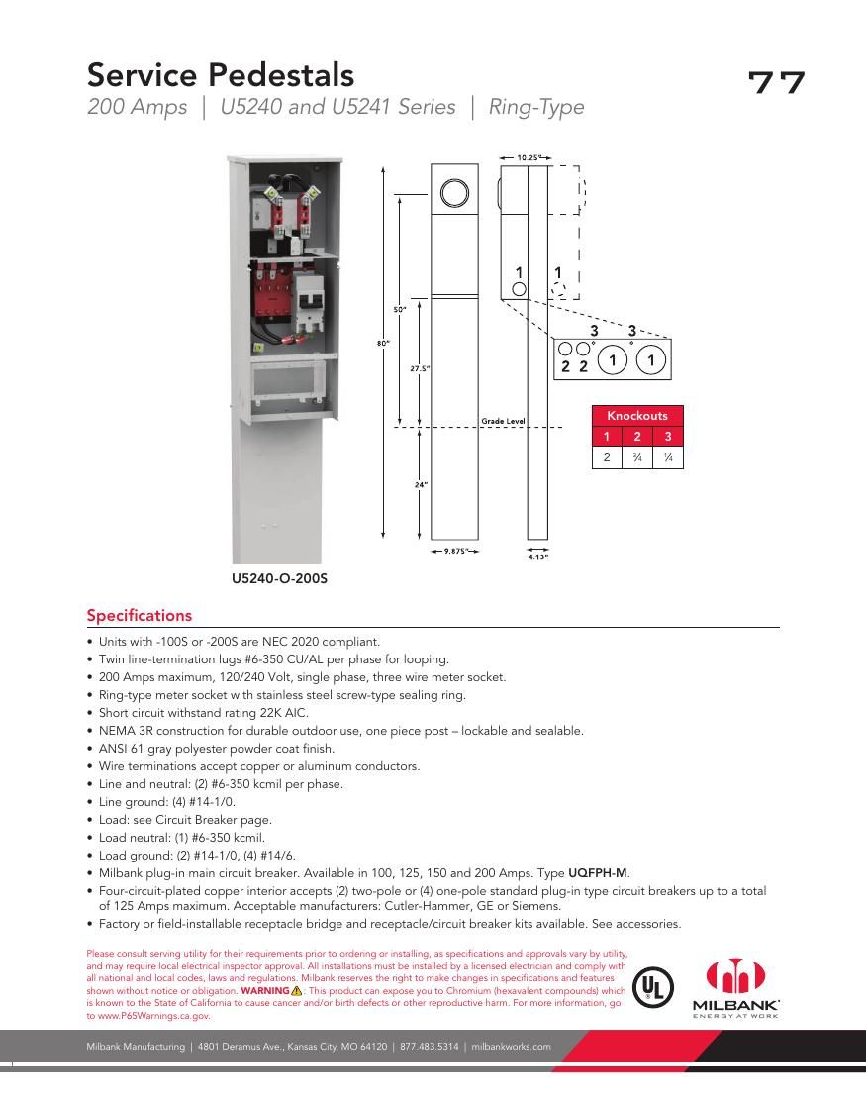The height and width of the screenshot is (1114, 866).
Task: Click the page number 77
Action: (x=776, y=82)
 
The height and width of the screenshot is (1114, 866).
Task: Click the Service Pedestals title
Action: (x=220, y=74)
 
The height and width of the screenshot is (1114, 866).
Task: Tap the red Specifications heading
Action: (x=140, y=615)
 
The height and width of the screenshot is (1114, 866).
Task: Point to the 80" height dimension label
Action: (x=381, y=343)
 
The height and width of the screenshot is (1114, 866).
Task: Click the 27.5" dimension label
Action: (x=420, y=368)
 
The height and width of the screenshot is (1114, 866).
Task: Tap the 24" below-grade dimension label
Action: (x=420, y=485)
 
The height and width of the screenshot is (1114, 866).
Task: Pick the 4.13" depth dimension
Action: (x=537, y=557)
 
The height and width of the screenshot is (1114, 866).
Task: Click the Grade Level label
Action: (x=503, y=421)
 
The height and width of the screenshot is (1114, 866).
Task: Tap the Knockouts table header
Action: (x=636, y=416)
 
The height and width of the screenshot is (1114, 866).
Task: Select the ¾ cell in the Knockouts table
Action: (x=637, y=457)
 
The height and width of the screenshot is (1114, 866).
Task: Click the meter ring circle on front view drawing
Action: (x=454, y=192)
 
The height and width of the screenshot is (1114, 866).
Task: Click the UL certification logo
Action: (x=653, y=987)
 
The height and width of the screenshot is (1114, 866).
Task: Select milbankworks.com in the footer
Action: (x=511, y=1046)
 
